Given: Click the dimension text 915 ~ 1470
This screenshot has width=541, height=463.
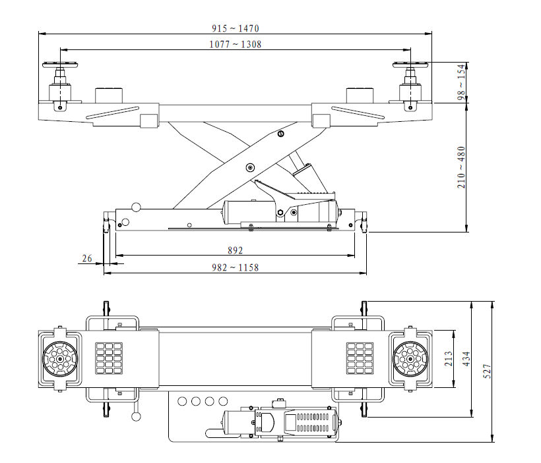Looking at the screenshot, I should [236, 28].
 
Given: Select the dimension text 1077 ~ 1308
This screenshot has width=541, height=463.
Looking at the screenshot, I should [236, 44].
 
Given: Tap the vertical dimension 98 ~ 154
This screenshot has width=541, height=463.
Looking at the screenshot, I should [461, 83].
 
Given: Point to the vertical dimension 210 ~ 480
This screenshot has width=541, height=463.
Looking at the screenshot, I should [461, 167].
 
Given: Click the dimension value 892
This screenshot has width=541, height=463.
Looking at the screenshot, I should [235, 250].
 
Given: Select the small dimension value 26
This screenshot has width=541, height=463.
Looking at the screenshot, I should [86, 259].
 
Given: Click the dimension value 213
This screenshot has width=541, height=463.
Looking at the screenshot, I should [449, 359].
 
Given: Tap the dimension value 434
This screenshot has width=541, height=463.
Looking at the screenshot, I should [466, 359].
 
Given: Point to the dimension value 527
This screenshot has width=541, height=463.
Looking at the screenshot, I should [488, 372].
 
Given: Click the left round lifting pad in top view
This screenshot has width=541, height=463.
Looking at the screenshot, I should [61, 359].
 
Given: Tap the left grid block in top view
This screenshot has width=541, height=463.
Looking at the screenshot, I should [109, 358].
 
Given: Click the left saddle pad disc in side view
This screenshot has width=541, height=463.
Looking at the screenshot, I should [61, 64].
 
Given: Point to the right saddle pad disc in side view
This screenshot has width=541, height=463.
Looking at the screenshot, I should [412, 64].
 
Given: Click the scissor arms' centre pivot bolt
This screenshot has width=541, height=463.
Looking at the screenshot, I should [249, 167].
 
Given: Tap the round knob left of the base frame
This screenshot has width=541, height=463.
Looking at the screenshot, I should [136, 207].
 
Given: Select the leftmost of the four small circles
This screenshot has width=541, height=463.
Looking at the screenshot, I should [182, 400].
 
